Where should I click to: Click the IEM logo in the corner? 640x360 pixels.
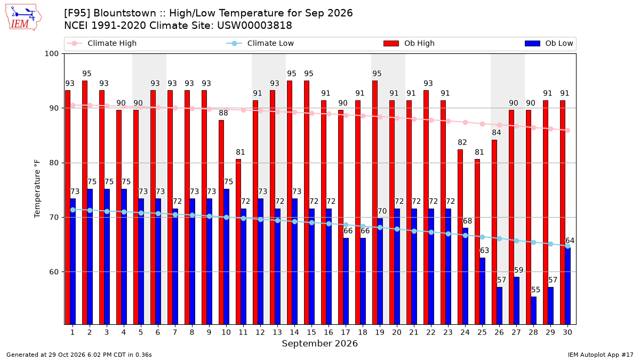(23, 18)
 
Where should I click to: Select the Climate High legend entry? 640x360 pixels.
(101, 43)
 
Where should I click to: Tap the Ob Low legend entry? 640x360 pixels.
(549, 43)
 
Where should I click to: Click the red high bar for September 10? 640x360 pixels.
(221, 222)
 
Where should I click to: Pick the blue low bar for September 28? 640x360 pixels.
(533, 310)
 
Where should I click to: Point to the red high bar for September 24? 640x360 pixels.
(460, 237)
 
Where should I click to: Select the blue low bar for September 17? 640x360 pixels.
(346, 282)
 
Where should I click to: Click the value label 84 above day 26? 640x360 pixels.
(497, 133)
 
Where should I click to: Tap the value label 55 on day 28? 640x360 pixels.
(535, 290)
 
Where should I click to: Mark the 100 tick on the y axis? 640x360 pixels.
(51, 54)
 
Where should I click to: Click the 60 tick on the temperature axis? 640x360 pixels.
(54, 271)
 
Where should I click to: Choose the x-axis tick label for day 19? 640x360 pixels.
(380, 332)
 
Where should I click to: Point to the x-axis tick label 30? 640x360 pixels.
(567, 332)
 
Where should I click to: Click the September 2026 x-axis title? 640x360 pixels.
(319, 343)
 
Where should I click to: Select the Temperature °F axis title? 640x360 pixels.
(37, 189)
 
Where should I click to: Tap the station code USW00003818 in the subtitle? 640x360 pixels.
(254, 26)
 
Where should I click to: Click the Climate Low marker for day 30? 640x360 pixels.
(567, 246)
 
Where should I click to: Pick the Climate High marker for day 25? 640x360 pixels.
(482, 124)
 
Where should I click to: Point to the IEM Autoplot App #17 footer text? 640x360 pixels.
(601, 355)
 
